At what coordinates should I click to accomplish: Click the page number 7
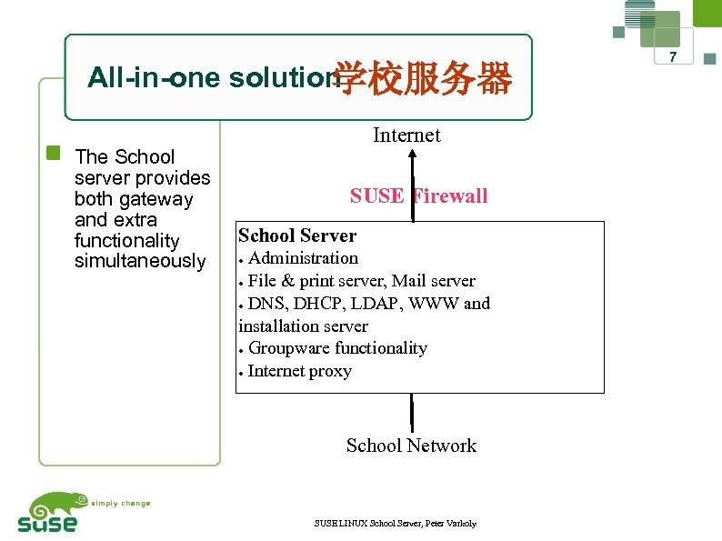[x=674, y=58]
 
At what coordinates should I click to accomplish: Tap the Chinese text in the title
[x=424, y=80]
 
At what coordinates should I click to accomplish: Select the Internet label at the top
[x=406, y=135]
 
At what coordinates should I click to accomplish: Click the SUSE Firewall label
[x=418, y=195]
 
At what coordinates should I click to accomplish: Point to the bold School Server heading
[x=297, y=235]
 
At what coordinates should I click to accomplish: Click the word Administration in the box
[x=303, y=258]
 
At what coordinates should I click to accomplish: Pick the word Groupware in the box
[x=289, y=348]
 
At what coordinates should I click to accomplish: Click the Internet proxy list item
[x=299, y=371]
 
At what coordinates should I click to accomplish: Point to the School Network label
[x=411, y=446]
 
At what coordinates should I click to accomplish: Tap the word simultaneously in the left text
[x=140, y=262]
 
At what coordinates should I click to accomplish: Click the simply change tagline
[x=120, y=503]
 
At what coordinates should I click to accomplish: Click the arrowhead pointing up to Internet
[x=412, y=155]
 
